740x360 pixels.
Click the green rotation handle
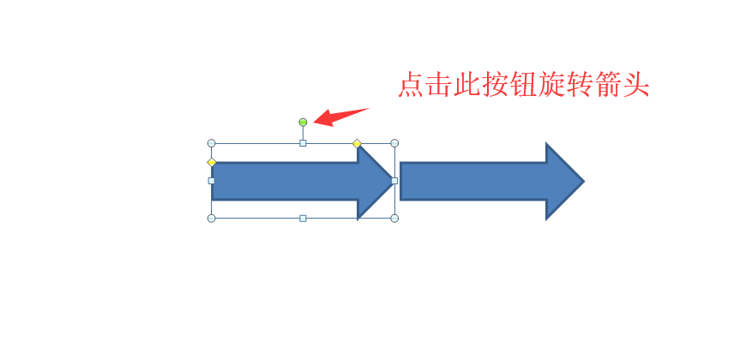pos(303,123)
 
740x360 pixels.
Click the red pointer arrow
pos(340,117)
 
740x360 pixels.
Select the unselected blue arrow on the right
pos(492,181)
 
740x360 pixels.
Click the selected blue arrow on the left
pos(303,181)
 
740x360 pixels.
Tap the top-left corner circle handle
pos(212,143)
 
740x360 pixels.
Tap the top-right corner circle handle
pos(394,143)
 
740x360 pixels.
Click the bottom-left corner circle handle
pos(212,218)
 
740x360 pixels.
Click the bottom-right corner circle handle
pos(394,218)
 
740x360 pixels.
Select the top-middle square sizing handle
pos(303,143)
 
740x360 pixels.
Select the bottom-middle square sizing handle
pos(303,218)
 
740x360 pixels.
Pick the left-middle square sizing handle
pos(212,181)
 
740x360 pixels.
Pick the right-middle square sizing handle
pos(394,181)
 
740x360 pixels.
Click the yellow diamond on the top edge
pos(358,143)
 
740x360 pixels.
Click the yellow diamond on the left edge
pos(212,162)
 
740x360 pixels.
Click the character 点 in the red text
pos(411,85)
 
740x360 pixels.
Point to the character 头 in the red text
pos(636,85)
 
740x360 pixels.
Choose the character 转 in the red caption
pos(580,85)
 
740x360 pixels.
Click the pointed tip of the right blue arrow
pos(584,181)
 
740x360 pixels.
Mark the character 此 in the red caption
pos(467,85)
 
